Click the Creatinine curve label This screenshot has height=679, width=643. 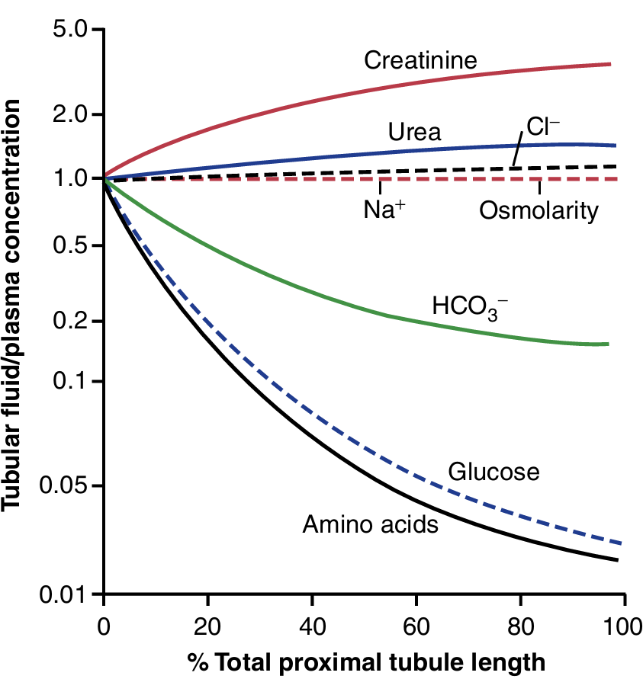tap(420, 60)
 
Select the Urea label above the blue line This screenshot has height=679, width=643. tap(414, 133)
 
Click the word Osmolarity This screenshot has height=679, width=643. tap(539, 210)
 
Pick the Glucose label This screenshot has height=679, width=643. tap(494, 472)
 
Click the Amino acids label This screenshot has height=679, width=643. tap(371, 524)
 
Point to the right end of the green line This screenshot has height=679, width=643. tap(608, 344)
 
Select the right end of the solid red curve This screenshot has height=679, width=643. tap(610, 64)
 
